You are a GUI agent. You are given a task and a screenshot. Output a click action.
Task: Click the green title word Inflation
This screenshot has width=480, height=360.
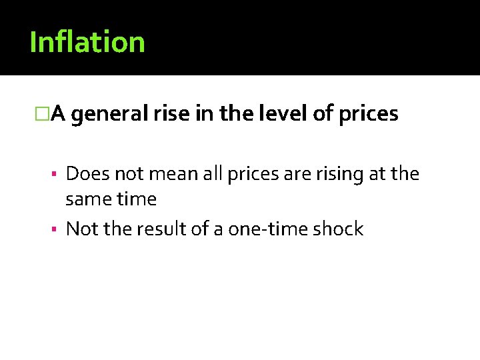point(87,42)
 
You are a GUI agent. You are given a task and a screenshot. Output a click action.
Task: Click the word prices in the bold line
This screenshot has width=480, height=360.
point(368,115)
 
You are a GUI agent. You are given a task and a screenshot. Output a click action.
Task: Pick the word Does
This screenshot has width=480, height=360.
point(88,174)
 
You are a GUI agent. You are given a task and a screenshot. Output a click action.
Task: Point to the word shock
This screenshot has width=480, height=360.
point(337,229)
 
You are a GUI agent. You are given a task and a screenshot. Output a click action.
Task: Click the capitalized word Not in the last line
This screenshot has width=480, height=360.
point(80,229)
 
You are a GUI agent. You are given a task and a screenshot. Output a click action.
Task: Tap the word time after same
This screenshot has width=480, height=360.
point(136,199)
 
